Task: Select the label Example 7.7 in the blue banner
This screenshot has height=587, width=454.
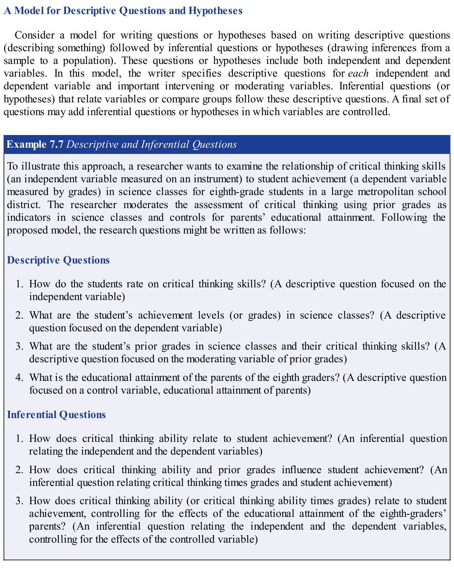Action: (35, 144)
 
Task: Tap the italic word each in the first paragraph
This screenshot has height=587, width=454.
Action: (358, 73)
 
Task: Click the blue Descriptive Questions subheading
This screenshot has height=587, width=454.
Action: (58, 260)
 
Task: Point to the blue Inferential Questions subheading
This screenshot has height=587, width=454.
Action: (56, 415)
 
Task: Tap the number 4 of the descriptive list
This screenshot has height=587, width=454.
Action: (20, 378)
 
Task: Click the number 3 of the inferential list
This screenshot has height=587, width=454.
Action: (20, 501)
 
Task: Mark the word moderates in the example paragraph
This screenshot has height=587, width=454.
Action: (146, 205)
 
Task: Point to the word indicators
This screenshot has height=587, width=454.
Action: (28, 218)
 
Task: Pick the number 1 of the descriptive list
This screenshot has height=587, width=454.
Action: (20, 284)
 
